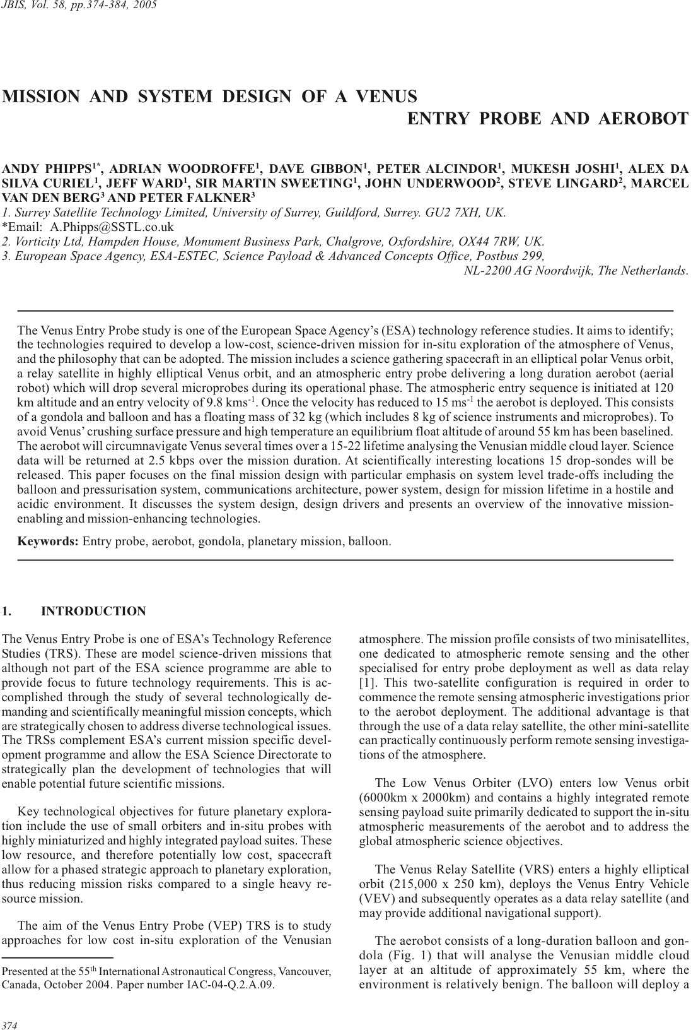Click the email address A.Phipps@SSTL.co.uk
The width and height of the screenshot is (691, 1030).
[112, 227]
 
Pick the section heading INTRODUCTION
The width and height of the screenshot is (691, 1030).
[93, 611]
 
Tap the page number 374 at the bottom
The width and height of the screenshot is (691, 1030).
[9, 1025]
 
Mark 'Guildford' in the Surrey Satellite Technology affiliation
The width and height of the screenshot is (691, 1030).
[352, 212]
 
